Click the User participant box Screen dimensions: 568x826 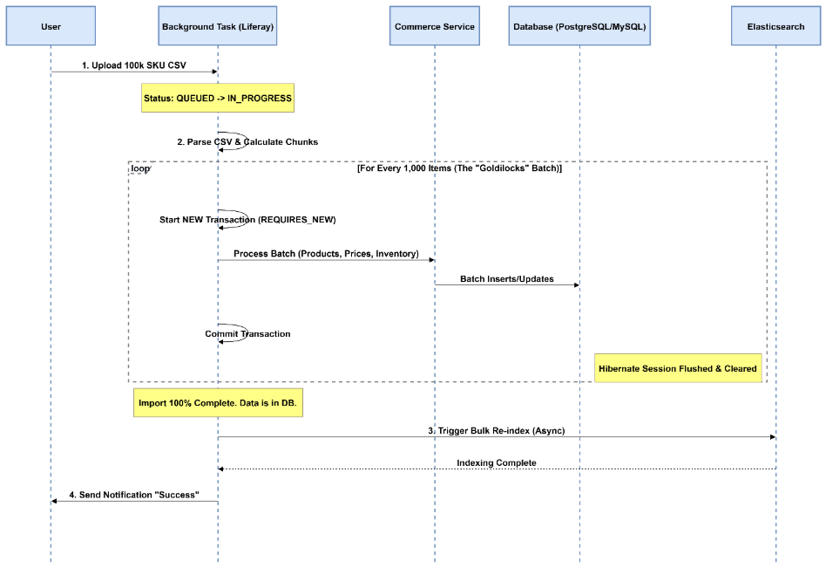51,27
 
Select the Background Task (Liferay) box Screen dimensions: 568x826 218,27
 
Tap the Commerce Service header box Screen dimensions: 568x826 434,27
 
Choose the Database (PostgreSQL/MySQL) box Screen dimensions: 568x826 580,27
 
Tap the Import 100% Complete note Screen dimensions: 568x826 218,405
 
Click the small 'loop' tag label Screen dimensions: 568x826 139,168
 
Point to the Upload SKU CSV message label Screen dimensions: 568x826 133,65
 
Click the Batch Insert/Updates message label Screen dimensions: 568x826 507,278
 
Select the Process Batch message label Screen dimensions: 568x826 326,253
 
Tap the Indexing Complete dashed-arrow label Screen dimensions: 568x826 497,462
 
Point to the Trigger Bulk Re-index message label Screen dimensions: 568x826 497,430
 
